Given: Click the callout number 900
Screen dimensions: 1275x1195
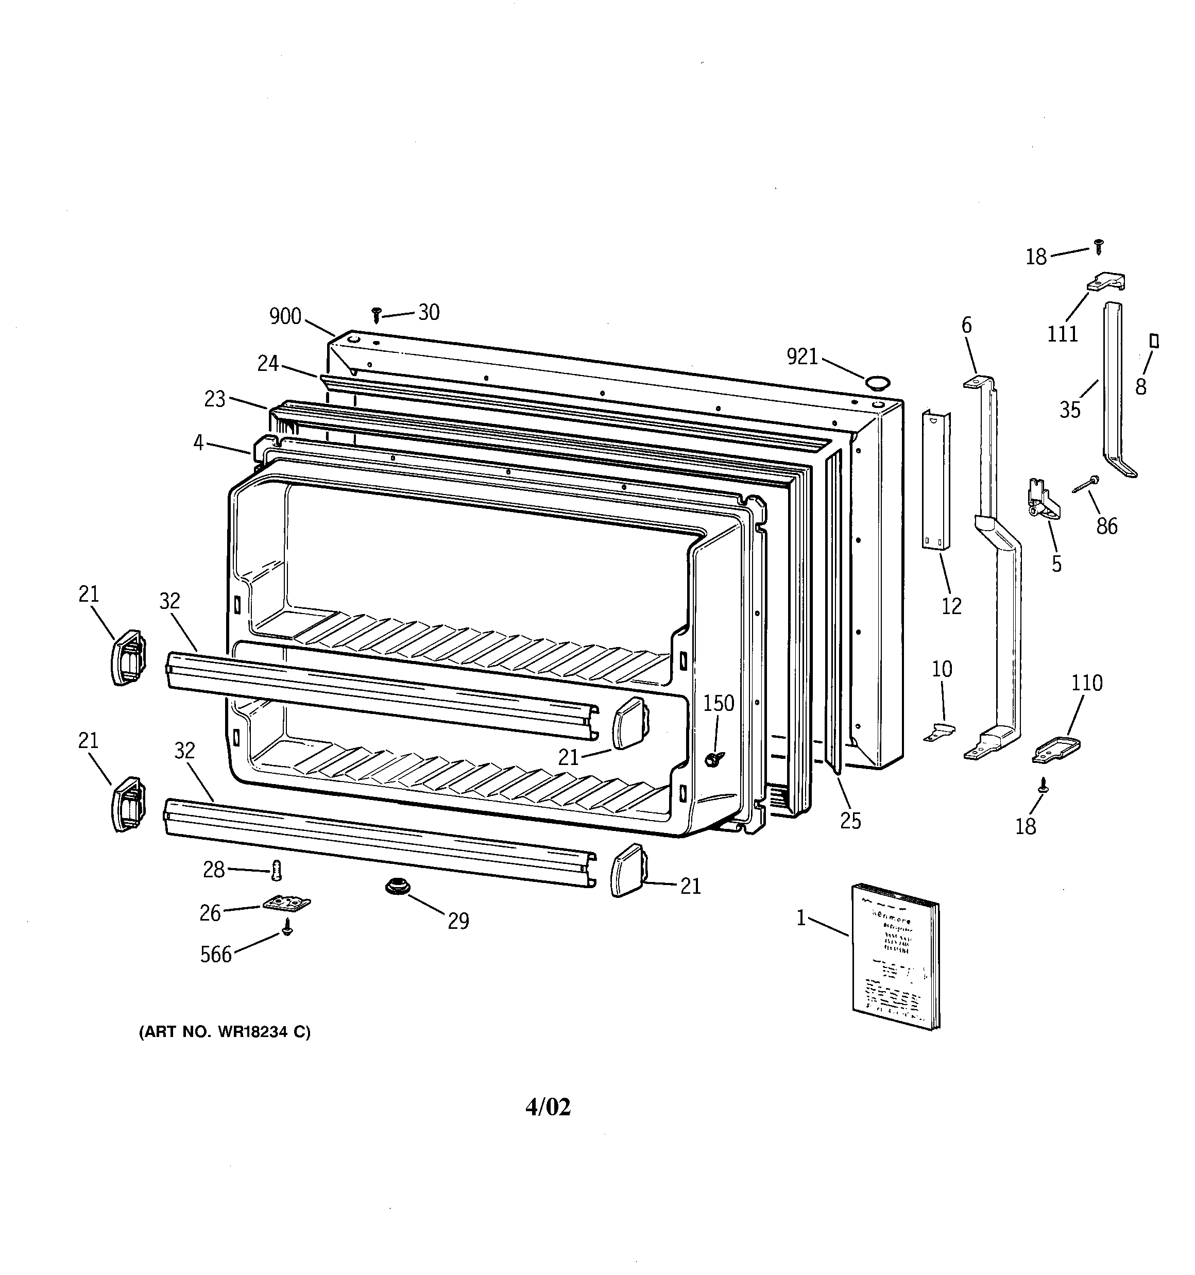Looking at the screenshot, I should (285, 316).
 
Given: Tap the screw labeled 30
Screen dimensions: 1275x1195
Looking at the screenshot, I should (377, 314).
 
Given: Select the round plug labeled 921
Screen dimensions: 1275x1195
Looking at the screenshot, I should (876, 384).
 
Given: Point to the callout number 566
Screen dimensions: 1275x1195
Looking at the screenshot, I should (215, 955).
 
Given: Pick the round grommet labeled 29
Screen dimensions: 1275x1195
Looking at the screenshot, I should (397, 888).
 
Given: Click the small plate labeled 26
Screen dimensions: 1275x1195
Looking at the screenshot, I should (286, 903).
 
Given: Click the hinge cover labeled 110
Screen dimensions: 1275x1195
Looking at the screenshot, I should (1056, 750).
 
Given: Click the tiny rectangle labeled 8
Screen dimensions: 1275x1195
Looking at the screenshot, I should (1154, 341).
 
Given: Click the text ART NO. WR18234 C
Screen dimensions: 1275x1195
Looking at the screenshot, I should (225, 1032).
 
